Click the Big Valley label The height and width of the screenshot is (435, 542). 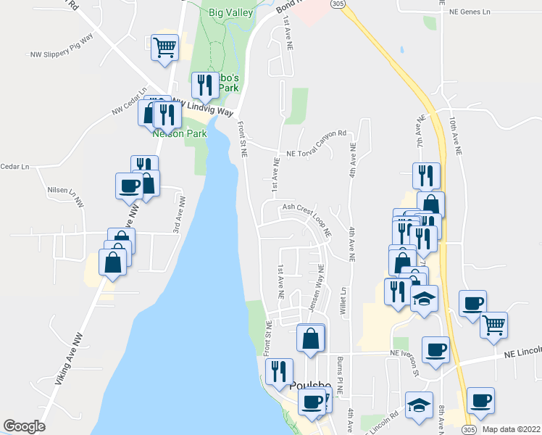click(230, 12)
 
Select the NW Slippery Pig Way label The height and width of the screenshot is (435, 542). click(62, 46)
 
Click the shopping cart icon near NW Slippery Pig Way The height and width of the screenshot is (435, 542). click(165, 47)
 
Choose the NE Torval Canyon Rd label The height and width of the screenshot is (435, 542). click(317, 154)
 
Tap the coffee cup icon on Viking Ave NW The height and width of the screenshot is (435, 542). click(130, 186)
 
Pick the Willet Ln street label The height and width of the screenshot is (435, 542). click(345, 299)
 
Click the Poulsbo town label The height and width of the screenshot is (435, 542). click(309, 386)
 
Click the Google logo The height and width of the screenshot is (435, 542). click(25, 426)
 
